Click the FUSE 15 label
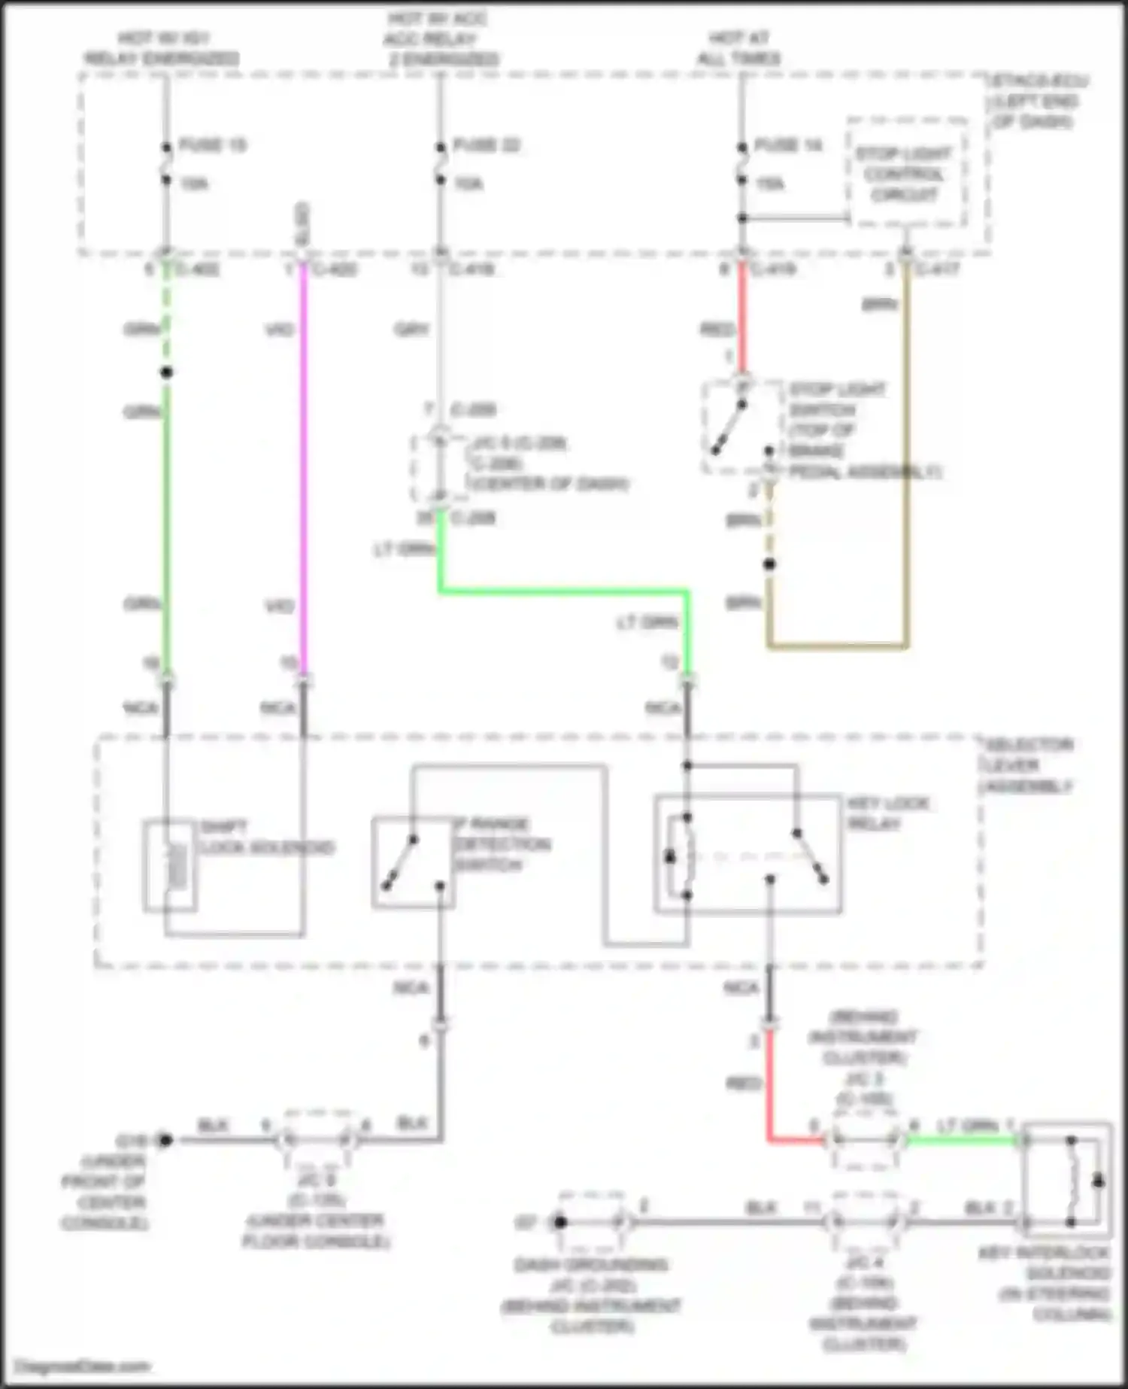pos(213,144)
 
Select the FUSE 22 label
pos(487,144)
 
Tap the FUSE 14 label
pos(788,144)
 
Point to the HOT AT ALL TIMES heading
pos(738,47)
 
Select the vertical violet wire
pos(304,467)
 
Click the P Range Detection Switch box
pos(412,862)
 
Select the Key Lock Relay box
pos(747,854)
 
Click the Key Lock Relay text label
pos(888,813)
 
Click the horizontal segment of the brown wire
pos(838,646)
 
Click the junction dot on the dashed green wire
pos(167,372)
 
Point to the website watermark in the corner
pos(83,1366)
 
